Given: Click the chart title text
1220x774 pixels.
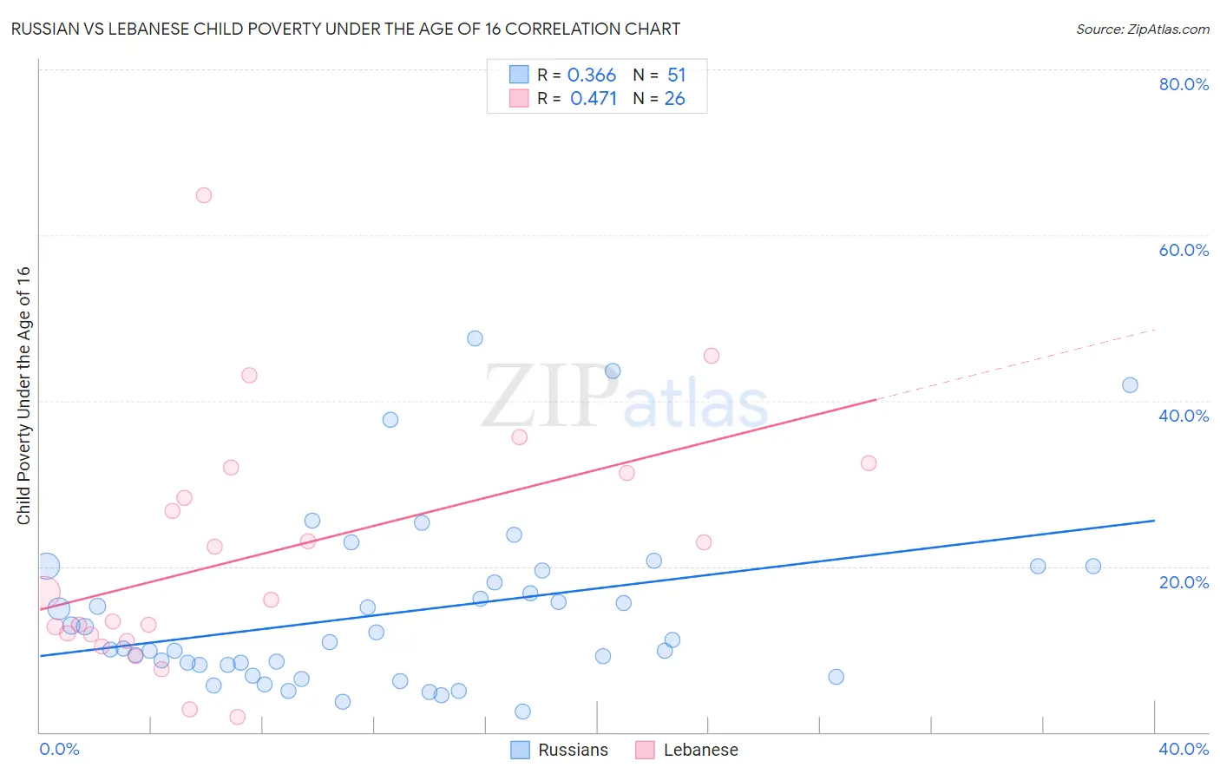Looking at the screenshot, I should (x=345, y=29).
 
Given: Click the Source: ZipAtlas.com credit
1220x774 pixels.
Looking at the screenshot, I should (x=1142, y=29).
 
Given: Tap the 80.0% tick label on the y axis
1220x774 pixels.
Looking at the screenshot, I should (x=1183, y=84).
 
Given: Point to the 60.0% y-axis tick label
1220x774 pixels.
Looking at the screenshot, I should (x=1183, y=250).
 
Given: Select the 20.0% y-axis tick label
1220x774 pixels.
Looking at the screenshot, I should (x=1183, y=581).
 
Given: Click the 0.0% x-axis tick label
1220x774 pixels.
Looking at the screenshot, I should (x=59, y=749).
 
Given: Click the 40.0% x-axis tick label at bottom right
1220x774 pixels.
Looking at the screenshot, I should (x=1183, y=749).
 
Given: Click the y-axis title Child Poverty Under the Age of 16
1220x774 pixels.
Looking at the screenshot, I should (x=23, y=395).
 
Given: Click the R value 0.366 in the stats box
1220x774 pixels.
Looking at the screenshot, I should (x=592, y=75).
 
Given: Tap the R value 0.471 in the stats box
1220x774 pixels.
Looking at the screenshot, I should (x=594, y=98).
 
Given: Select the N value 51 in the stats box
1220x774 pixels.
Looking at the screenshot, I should (x=677, y=75).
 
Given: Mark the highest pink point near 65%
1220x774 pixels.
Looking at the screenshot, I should (x=204, y=195).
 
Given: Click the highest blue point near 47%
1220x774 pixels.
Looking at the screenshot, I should (x=475, y=338).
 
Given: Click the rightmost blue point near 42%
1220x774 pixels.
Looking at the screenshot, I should (x=1130, y=385).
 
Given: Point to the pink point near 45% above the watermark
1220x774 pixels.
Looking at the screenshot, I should (x=712, y=356).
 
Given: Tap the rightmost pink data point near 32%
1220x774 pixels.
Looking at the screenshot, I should (x=869, y=463).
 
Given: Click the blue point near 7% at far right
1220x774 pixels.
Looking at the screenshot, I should (x=836, y=677).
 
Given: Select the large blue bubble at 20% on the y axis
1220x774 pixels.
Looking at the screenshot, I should (x=48, y=567).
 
